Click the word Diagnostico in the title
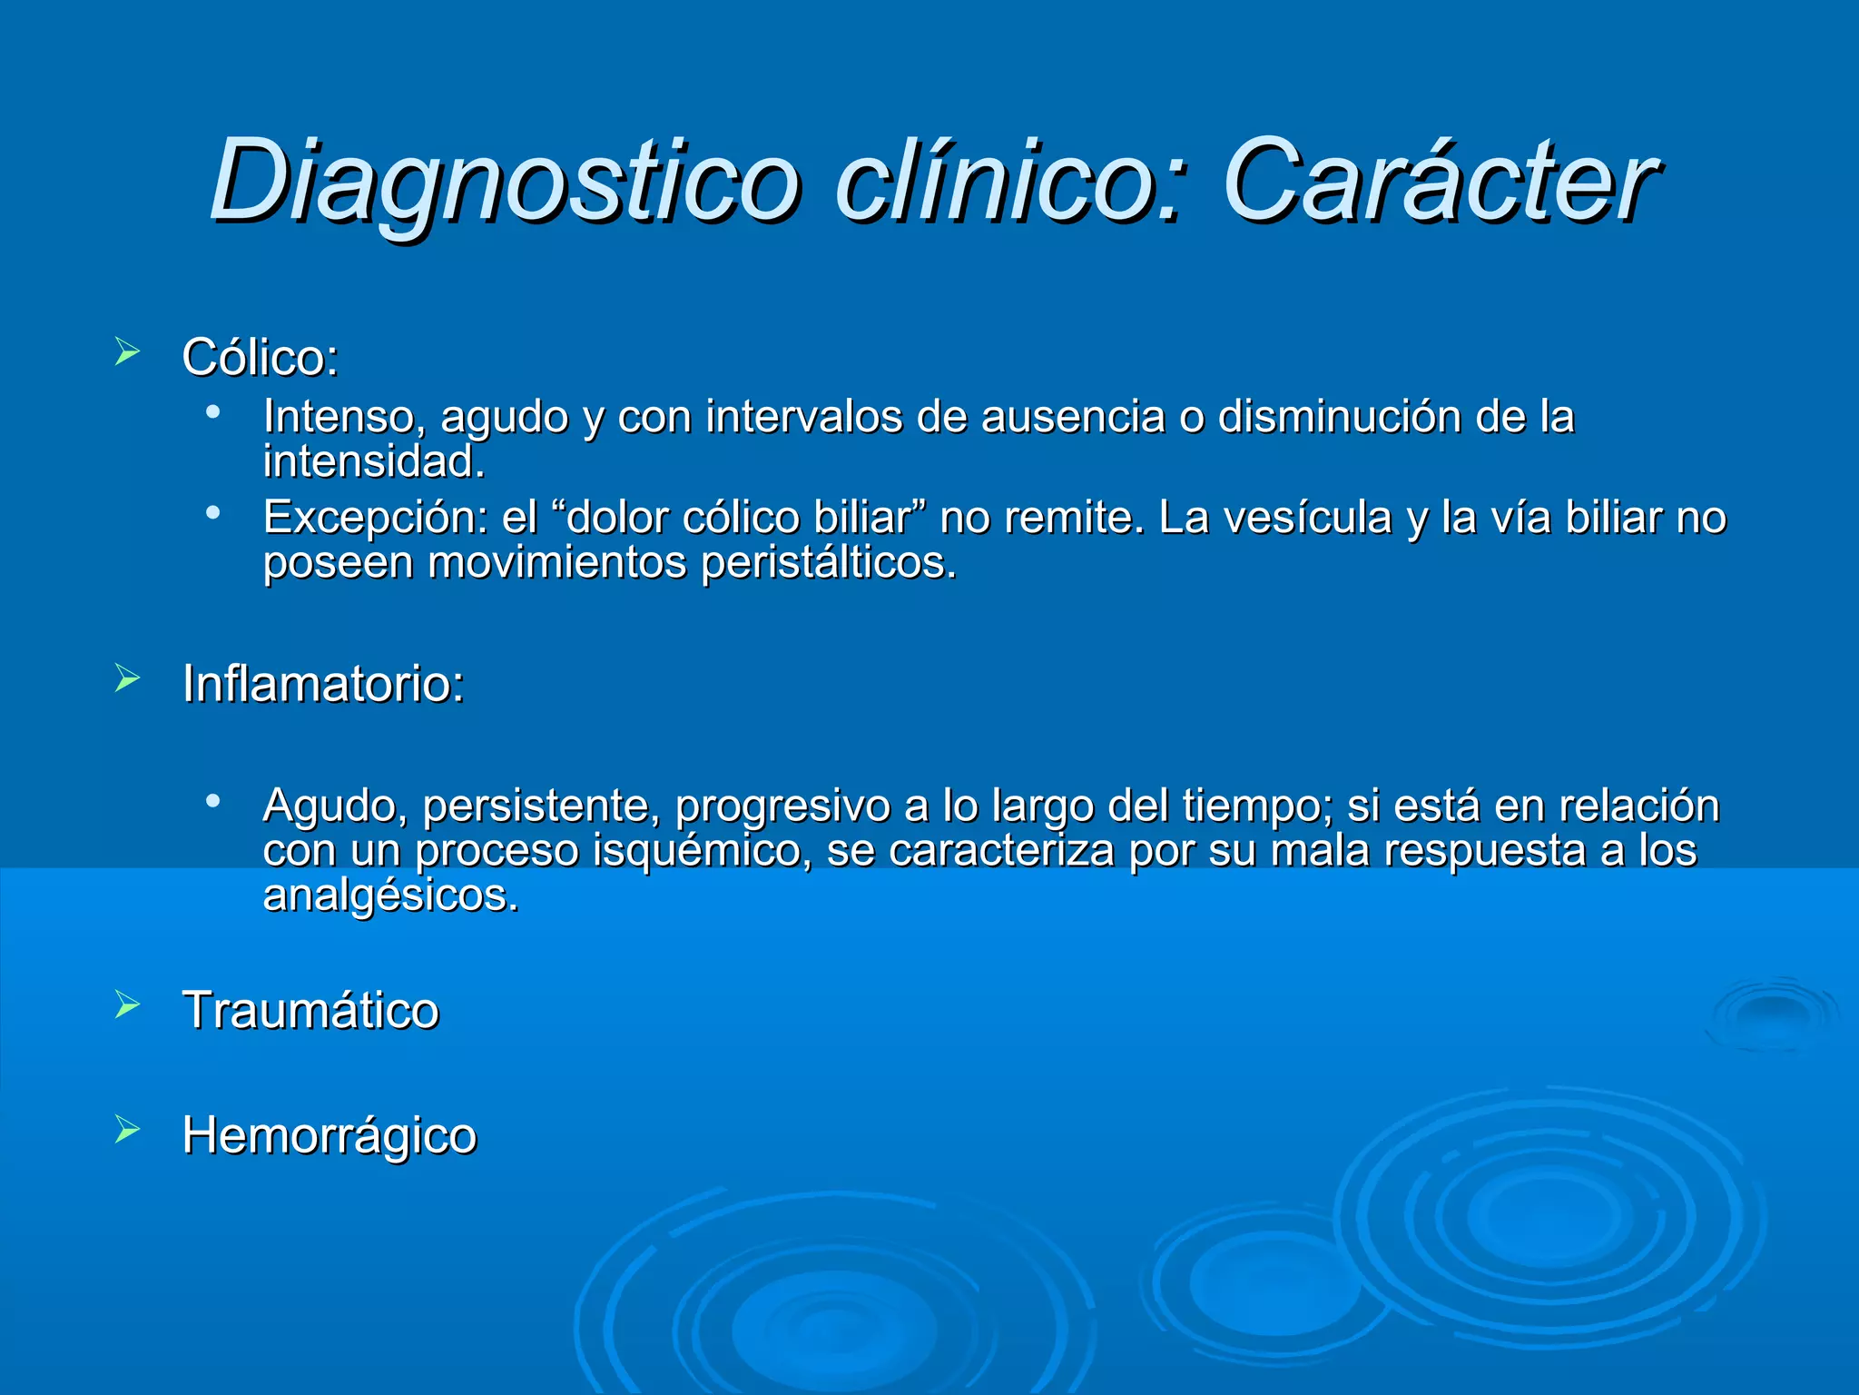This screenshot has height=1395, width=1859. tap(504, 182)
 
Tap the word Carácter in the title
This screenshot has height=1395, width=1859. tap(1439, 182)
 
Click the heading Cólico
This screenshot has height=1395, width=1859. tap(260, 357)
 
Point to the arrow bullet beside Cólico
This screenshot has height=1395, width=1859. tap(127, 352)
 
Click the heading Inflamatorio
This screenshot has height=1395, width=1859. tap(322, 683)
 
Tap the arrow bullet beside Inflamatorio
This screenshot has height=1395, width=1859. tap(127, 678)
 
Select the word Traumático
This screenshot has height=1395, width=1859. tap(310, 1010)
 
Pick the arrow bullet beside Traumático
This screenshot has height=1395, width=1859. tap(127, 1004)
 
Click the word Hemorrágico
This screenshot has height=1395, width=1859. tap(329, 1135)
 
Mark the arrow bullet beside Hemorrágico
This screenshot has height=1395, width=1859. tap(127, 1130)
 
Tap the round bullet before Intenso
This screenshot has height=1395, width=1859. tap(213, 412)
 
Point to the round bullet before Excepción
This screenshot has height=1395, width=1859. tap(213, 513)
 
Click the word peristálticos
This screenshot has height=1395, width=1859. tap(828, 563)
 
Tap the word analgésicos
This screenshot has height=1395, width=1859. tap(390, 895)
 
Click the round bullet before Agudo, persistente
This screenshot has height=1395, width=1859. tap(213, 801)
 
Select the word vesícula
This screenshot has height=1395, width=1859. tap(1306, 518)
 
